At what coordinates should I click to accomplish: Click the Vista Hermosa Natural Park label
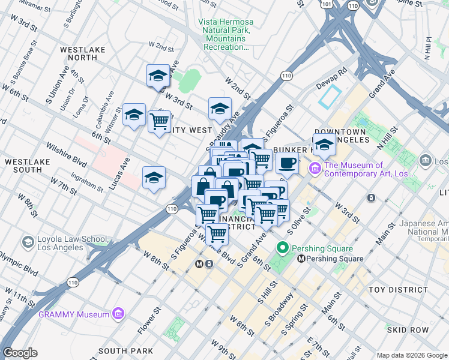point(226,34)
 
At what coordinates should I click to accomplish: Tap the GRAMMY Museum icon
point(118,314)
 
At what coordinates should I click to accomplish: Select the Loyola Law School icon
point(28,242)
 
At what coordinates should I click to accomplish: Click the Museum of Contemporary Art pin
point(315,169)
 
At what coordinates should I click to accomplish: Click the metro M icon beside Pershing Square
point(301,259)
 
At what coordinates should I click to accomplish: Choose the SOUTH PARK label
point(125,351)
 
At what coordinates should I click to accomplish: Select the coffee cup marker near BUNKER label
point(288,163)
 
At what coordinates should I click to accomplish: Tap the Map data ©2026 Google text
point(411,355)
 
